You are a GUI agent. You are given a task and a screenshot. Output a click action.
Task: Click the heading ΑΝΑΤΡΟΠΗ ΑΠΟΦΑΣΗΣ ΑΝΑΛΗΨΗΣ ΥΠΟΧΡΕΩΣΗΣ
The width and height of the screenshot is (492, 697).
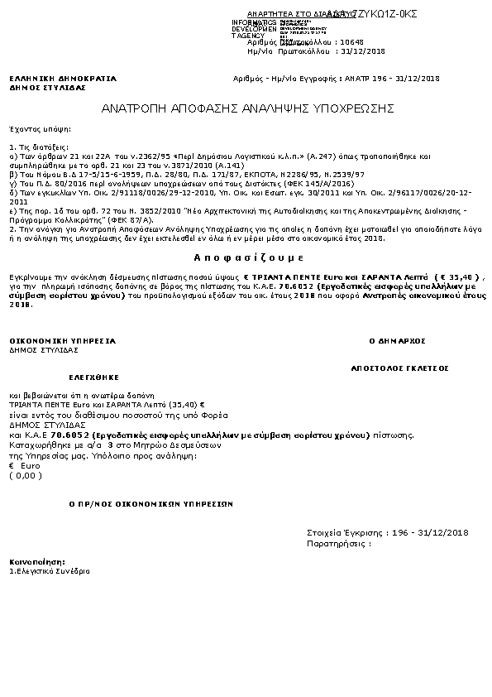(247, 108)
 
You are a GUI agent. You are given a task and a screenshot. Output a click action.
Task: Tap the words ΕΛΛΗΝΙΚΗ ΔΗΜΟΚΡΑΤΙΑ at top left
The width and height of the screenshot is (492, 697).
(63, 79)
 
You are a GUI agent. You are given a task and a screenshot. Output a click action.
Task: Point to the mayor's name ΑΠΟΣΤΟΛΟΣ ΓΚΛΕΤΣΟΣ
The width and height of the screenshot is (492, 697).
(399, 365)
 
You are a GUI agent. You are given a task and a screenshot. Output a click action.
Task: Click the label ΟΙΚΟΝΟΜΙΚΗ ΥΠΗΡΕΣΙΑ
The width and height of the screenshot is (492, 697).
(62, 340)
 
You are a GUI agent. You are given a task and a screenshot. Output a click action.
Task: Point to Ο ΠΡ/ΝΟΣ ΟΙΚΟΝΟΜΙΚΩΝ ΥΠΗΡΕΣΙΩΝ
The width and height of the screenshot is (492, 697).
(150, 502)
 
